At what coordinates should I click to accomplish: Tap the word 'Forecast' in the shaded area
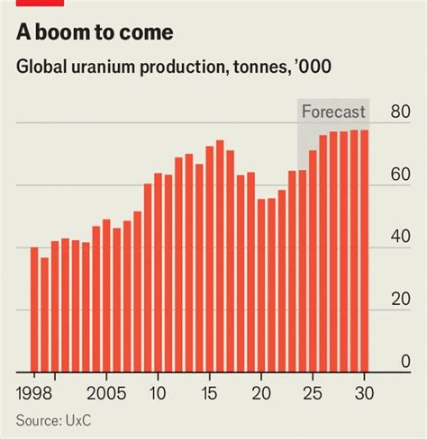tap(333, 112)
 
